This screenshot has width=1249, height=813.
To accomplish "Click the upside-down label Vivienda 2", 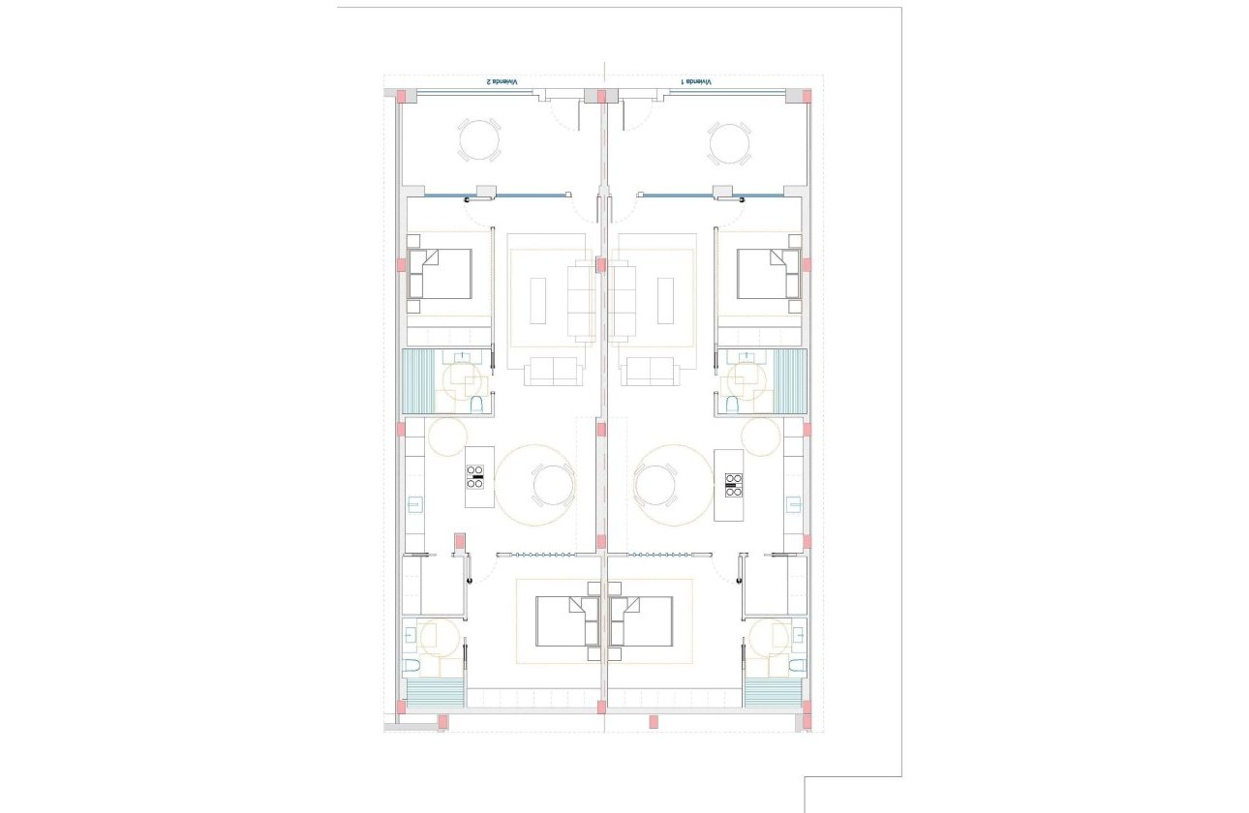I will [x=503, y=82].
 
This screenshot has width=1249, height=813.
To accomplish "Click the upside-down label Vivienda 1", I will [x=696, y=82].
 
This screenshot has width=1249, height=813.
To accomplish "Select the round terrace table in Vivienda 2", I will [x=479, y=141].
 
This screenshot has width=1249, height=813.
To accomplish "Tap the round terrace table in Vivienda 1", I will [x=728, y=142].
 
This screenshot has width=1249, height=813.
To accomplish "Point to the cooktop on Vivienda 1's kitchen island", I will [x=733, y=483].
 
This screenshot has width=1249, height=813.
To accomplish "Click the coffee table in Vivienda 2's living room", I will [x=538, y=301].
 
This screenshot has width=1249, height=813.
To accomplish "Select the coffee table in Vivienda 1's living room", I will [x=665, y=301].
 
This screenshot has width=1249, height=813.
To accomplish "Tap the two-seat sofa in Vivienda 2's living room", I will [x=553, y=372].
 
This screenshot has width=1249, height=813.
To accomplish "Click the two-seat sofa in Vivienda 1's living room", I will [x=649, y=372].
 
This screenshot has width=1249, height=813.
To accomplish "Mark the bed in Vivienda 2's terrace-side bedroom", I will [x=440, y=273].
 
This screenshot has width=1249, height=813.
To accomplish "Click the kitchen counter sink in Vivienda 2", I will [x=414, y=503].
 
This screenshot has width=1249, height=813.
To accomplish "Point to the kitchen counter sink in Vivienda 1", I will [x=794, y=503].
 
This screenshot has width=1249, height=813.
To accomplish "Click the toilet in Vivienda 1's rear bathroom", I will [x=796, y=665].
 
